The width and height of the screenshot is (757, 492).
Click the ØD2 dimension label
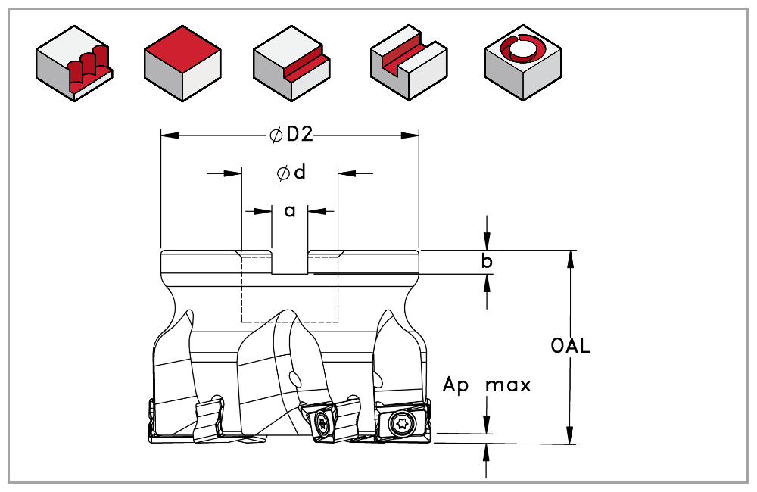click(291, 135)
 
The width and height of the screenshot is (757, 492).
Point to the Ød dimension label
click(291, 173)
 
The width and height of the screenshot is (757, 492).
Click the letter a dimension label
click(290, 211)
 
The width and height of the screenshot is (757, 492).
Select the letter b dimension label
click(488, 262)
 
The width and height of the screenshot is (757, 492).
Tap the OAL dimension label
click(571, 347)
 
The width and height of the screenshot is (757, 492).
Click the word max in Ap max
click(508, 385)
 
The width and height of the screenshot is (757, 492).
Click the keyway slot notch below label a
click(290, 262)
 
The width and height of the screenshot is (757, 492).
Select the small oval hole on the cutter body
click(295, 376)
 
